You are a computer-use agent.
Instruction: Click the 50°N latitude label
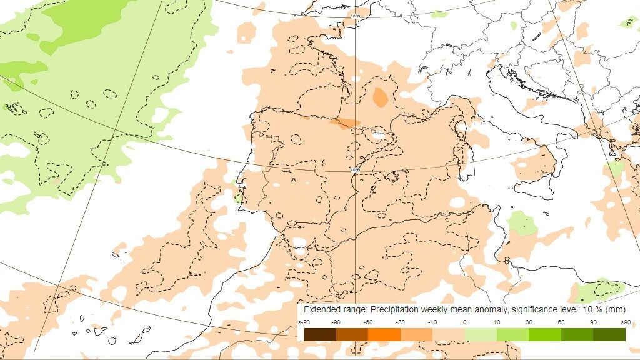[x=355, y=16]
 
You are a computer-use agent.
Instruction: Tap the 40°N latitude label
[x=355, y=169]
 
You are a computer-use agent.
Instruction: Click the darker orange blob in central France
[x=379, y=97]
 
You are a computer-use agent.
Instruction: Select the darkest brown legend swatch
[x=319, y=335]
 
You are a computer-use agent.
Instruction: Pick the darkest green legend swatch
[x=609, y=335]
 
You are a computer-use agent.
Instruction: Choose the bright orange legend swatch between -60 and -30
[x=384, y=335]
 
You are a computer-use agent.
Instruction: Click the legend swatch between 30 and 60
[x=545, y=335]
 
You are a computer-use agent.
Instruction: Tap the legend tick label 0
[x=465, y=322]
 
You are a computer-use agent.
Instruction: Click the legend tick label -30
[x=400, y=322]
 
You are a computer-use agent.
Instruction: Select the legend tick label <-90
[x=304, y=322]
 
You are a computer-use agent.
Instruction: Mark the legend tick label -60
[x=368, y=322]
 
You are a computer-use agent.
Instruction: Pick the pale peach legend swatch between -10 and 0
[x=449, y=335]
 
